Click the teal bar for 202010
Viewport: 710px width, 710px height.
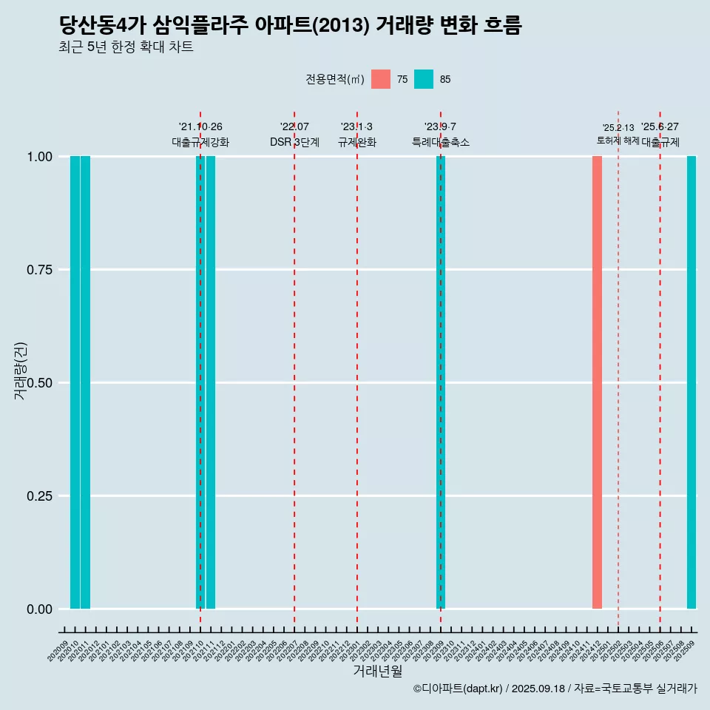point(75,382)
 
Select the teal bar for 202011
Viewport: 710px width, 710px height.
point(85,382)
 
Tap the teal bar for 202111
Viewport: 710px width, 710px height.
point(211,382)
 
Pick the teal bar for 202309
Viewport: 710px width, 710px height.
point(441,382)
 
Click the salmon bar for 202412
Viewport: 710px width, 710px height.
point(597,382)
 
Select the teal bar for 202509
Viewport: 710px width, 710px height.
point(692,382)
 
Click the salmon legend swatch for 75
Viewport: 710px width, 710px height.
point(381,79)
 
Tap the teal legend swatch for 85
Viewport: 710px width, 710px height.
point(424,79)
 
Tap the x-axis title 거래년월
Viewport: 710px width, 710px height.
point(378,672)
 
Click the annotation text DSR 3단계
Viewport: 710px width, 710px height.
point(294,143)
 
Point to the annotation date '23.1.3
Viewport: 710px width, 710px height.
point(356,126)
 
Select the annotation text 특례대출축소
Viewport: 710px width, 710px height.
point(441,143)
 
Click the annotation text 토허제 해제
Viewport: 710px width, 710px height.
point(618,141)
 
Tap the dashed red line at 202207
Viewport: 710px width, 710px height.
point(294,370)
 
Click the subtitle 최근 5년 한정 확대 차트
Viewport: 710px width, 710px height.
point(126,47)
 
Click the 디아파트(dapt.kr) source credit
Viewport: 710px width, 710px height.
point(459,689)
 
